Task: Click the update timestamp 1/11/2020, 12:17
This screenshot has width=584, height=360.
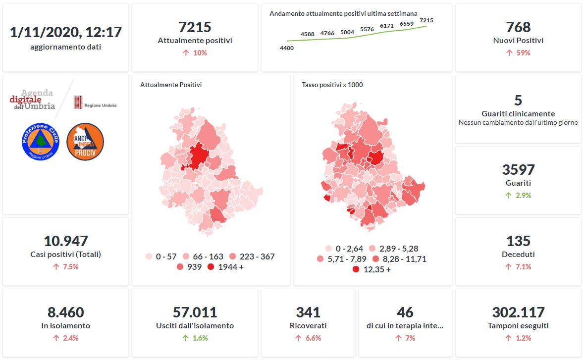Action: coord(66,32)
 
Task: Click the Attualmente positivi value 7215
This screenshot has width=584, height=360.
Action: coord(195,27)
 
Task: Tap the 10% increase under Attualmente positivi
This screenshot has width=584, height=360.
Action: coord(195,52)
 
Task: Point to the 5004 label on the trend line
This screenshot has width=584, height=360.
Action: coord(347,33)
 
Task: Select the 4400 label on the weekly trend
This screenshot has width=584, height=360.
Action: coord(287,48)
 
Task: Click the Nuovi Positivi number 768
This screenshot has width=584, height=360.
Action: coord(518,27)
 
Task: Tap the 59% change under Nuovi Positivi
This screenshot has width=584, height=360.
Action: coord(518,52)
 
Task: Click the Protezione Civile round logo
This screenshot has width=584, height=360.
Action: coord(41,142)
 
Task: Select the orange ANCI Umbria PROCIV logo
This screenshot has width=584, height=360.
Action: coord(85,142)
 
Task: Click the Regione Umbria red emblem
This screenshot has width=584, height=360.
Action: coord(78,102)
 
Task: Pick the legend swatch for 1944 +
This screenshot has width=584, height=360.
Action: coord(211,267)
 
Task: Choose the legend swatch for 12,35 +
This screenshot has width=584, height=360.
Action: coord(356,270)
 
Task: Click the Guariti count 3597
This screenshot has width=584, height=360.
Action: coord(518,170)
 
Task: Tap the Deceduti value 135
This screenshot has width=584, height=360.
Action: coord(518,241)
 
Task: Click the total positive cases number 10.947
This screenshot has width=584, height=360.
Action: coord(66,241)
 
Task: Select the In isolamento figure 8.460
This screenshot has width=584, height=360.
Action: coord(66,312)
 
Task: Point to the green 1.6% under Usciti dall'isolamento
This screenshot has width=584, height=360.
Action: coord(195,338)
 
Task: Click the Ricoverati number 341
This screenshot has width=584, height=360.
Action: coord(308,312)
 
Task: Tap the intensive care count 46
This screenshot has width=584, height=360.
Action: coord(405,312)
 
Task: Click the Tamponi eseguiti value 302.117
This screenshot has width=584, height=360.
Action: coord(518,312)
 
